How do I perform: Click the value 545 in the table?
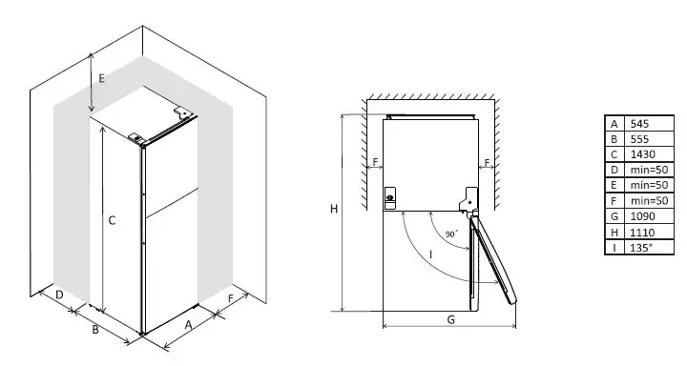click(x=639, y=123)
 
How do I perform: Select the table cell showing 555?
click(x=639, y=138)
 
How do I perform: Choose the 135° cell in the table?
click(x=640, y=247)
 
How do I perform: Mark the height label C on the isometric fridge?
click(x=112, y=220)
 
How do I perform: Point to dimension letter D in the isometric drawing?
click(x=59, y=296)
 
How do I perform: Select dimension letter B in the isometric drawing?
click(x=94, y=330)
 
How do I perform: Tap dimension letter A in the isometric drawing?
click(x=188, y=325)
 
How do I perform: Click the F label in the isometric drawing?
click(x=232, y=299)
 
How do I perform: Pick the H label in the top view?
click(x=333, y=210)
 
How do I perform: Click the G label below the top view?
click(x=449, y=319)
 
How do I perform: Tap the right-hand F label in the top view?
click(x=487, y=163)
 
